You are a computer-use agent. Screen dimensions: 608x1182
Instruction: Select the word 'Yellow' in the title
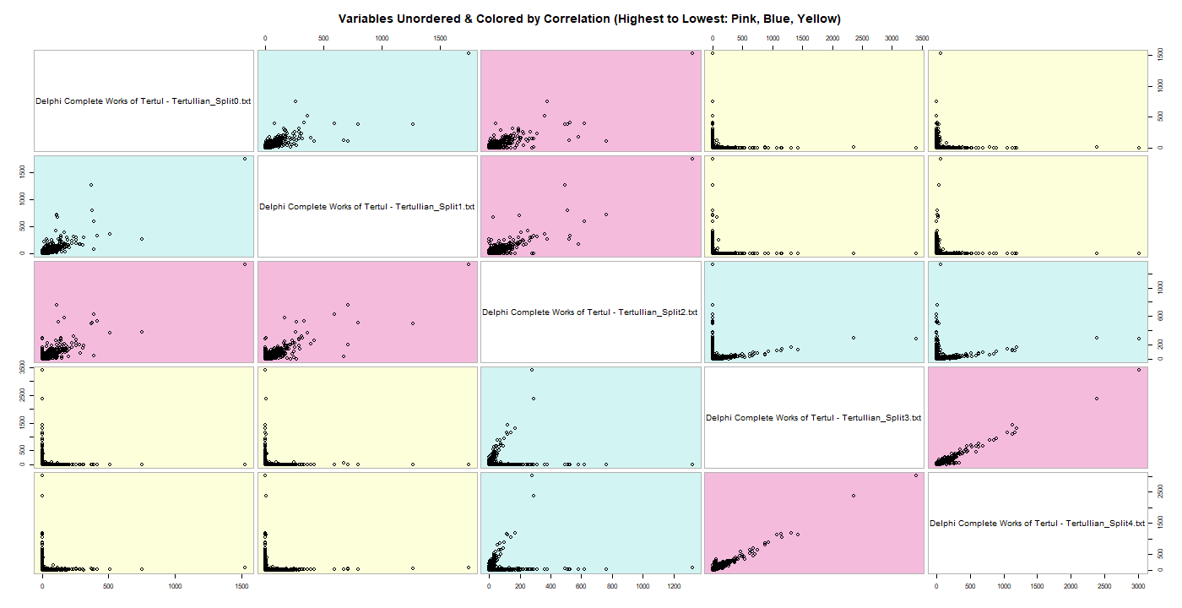[816, 19]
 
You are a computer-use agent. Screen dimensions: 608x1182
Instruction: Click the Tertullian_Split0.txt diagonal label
[144, 101]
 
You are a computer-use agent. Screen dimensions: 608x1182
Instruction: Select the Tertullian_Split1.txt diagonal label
[367, 207]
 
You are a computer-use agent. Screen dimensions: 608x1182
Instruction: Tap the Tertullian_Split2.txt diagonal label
[590, 312]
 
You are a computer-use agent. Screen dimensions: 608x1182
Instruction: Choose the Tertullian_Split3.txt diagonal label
[814, 418]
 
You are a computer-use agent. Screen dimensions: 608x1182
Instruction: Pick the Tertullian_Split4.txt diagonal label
[1037, 524]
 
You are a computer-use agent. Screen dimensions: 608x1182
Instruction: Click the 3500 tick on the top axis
[922, 38]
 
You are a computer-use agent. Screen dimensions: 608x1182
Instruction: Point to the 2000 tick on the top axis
[832, 38]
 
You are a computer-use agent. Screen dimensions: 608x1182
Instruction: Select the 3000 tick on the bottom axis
[1138, 586]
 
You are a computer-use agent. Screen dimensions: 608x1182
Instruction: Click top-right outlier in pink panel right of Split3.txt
[1139, 370]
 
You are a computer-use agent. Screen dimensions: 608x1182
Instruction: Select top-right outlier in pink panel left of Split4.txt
[915, 475]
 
